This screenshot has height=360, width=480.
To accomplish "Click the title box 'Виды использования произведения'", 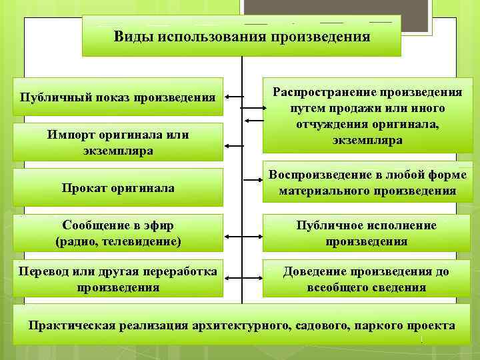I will click(241, 36).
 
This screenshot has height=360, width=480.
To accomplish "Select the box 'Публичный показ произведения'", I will click(118, 98).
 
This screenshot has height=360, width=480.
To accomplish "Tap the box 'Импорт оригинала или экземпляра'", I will click(118, 142).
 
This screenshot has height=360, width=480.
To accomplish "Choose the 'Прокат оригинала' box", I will click(118, 188).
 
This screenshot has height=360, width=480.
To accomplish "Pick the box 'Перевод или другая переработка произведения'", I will click(118, 279).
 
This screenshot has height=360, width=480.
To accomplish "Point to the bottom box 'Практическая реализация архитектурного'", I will click(241, 326).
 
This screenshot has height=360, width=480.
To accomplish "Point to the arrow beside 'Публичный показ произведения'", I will click(234, 97).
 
